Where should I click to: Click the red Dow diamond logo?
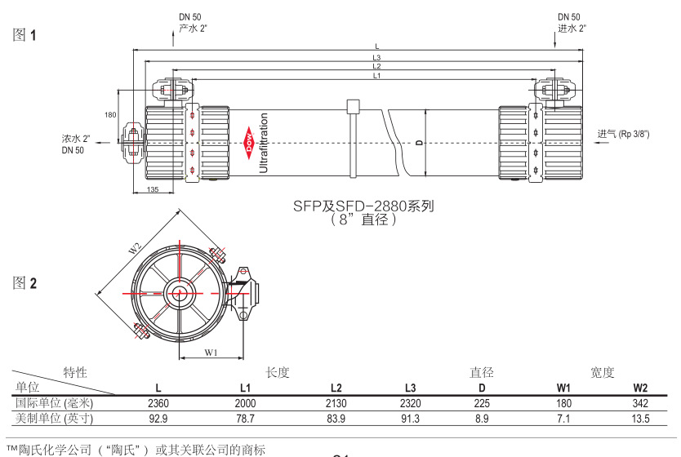coord(249,143)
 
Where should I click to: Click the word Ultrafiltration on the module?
coord(264,143)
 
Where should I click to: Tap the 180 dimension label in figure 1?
coord(110,114)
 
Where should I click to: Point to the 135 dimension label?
coord(153,189)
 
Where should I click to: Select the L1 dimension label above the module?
coord(376,76)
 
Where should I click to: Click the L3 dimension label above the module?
coord(376,57)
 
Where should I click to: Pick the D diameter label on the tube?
coord(420,142)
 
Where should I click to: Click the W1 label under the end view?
coord(211,353)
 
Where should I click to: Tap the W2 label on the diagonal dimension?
coord(135,249)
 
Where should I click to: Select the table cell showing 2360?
coord(158,403)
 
